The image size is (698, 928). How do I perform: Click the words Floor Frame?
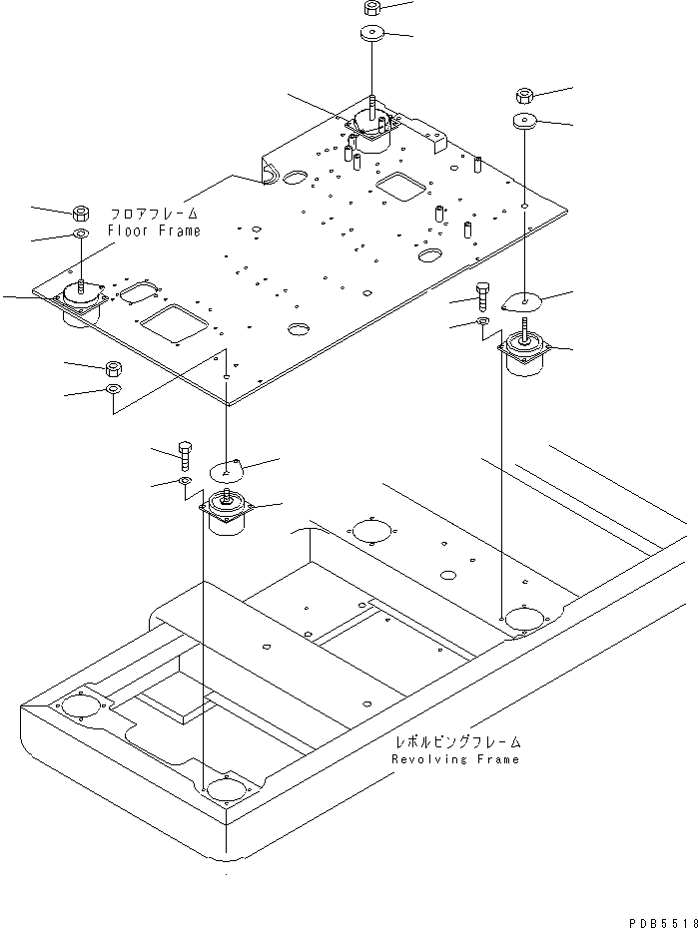155,231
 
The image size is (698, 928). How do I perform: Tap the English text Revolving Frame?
455,759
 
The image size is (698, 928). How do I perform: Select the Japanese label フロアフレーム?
155,214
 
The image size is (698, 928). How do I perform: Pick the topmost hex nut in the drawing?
370,8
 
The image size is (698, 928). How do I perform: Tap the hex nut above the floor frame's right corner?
525,96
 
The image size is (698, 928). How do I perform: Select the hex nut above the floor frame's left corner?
81,213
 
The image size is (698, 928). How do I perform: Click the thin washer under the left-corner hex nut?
81,234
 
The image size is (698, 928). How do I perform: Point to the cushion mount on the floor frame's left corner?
80,300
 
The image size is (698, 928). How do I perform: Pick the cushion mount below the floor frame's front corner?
228,511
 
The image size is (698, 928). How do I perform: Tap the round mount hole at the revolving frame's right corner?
522,618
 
